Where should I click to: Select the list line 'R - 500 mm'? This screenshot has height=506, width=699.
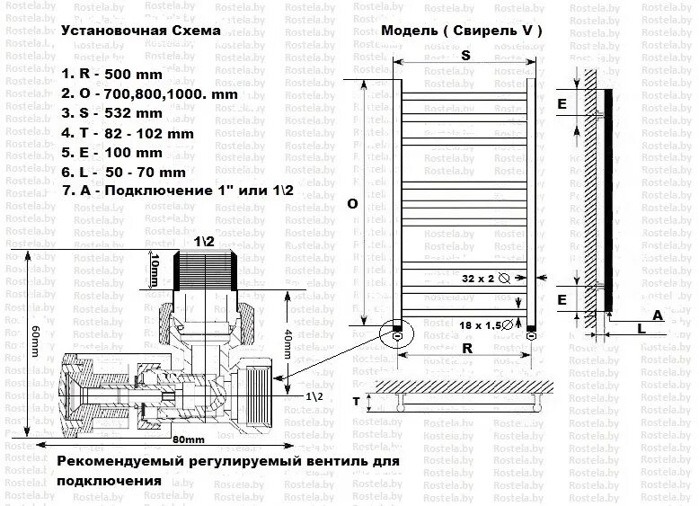point(114,73)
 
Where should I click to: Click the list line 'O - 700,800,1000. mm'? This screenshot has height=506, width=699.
point(150,93)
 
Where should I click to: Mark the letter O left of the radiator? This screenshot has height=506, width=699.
point(352,204)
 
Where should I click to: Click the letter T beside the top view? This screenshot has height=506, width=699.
point(356,402)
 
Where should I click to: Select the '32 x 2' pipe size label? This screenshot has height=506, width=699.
point(480,279)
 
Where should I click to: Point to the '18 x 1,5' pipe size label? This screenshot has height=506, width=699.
point(482,324)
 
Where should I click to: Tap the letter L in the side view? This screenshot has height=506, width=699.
point(641,330)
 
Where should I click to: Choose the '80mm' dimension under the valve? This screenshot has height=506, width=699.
point(186,439)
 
